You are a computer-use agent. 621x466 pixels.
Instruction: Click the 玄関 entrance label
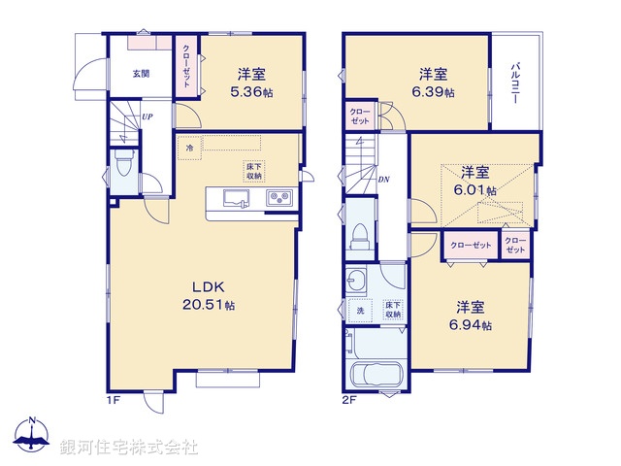point(141,74)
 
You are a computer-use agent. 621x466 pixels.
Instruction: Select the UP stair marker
point(147,117)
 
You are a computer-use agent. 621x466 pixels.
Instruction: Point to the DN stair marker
point(384,180)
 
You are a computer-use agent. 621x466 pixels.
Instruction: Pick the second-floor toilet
point(360,234)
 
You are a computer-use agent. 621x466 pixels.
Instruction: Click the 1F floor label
point(113,399)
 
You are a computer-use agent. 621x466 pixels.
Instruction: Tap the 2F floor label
point(348,399)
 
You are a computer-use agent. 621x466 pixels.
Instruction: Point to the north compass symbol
point(32,437)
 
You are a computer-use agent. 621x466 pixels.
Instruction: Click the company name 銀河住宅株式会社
point(128,448)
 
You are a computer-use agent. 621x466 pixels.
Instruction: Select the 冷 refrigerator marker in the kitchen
point(190,149)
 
